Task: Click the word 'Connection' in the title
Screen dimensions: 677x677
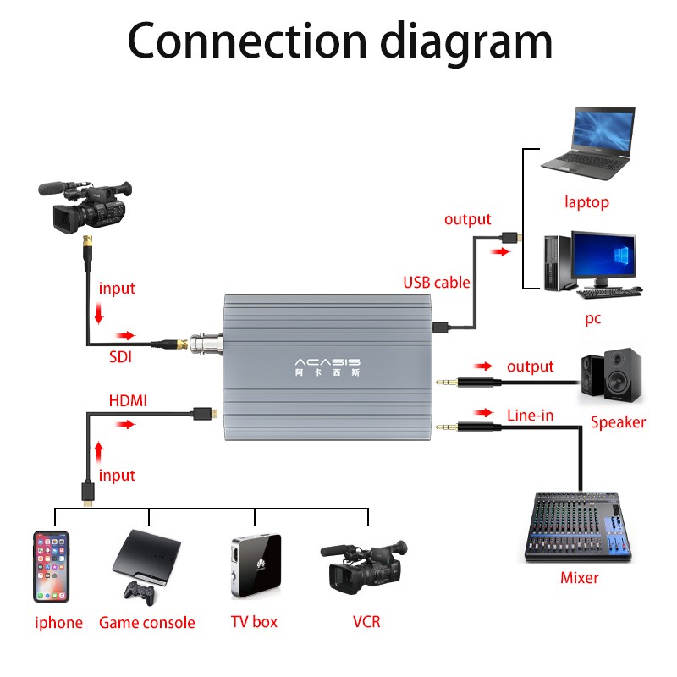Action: [x=247, y=41]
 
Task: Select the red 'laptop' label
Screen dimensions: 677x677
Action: [x=586, y=202]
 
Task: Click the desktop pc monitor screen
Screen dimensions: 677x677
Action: [x=603, y=256]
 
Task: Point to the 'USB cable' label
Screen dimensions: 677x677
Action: [x=437, y=283]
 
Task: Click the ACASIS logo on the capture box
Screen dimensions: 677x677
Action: [x=327, y=362]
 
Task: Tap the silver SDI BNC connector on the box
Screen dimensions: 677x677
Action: [x=206, y=344]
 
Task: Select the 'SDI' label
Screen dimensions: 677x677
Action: [x=120, y=357]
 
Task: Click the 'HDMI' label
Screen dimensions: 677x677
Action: [x=128, y=400]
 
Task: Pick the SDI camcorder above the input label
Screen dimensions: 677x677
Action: [x=85, y=206]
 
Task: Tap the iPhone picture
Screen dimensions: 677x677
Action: [x=52, y=566]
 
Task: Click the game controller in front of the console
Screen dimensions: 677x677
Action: [x=140, y=593]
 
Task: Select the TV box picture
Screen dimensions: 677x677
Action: [x=256, y=565]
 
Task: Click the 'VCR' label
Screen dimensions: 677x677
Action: [x=366, y=622]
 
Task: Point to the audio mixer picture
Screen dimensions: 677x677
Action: [x=578, y=526]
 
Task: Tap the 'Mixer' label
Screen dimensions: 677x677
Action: [x=580, y=578]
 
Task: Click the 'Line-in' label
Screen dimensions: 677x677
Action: [x=531, y=416]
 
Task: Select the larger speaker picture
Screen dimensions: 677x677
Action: [x=623, y=374]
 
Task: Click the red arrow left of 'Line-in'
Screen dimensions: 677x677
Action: [x=483, y=413]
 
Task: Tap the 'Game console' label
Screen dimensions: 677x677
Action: [x=146, y=623]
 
